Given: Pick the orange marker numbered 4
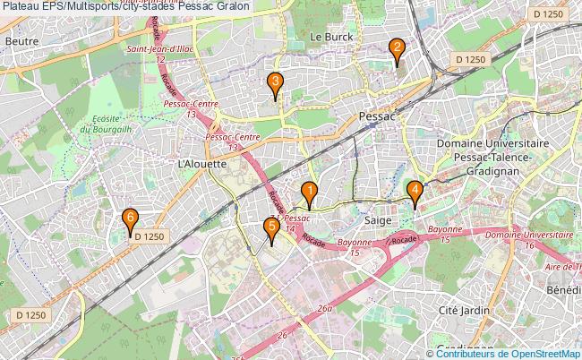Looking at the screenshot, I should coord(415,192).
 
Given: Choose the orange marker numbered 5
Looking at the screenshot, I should coord(271,229).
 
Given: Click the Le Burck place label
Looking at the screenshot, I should coord(332,37).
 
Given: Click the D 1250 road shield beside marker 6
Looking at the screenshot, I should coord(150,236).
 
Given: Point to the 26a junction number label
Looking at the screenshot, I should coord(324,309).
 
